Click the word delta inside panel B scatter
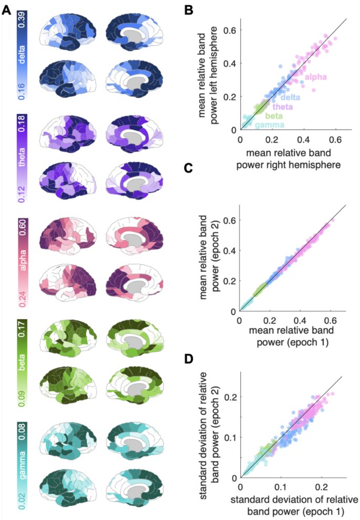click(x=290, y=97)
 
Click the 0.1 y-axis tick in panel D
click(x=229, y=437)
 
